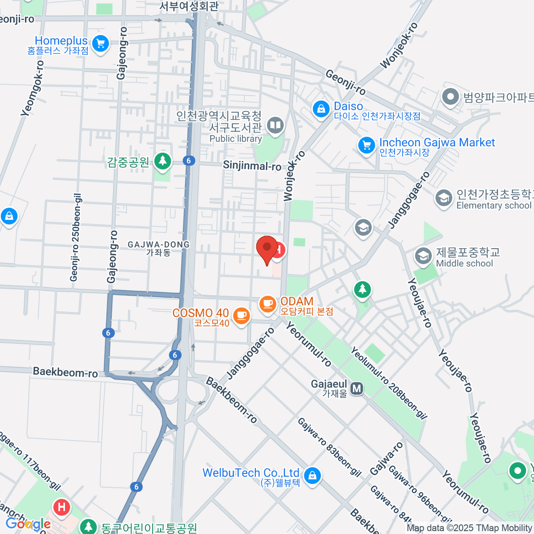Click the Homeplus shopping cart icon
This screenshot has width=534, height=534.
click(x=101, y=44)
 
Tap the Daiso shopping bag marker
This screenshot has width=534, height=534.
click(x=320, y=108)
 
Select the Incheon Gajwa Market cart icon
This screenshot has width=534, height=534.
click(x=367, y=145)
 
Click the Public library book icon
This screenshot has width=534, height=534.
click(x=276, y=125)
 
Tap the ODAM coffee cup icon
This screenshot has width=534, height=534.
click(x=267, y=304)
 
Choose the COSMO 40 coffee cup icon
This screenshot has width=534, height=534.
click(x=241, y=316)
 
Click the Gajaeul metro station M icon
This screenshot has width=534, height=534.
click(x=356, y=388)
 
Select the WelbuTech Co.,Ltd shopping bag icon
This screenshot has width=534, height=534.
click(x=313, y=475)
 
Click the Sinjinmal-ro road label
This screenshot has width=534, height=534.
click(x=252, y=166)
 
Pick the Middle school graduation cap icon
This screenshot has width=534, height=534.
click(x=423, y=256)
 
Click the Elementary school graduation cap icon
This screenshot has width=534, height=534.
click(x=443, y=198)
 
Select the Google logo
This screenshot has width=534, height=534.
click(x=28, y=524)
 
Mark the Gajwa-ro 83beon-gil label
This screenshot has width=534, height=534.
click(x=329, y=447)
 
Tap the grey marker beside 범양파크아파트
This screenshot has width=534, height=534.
click(x=450, y=97)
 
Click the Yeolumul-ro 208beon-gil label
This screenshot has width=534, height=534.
click(x=388, y=383)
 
